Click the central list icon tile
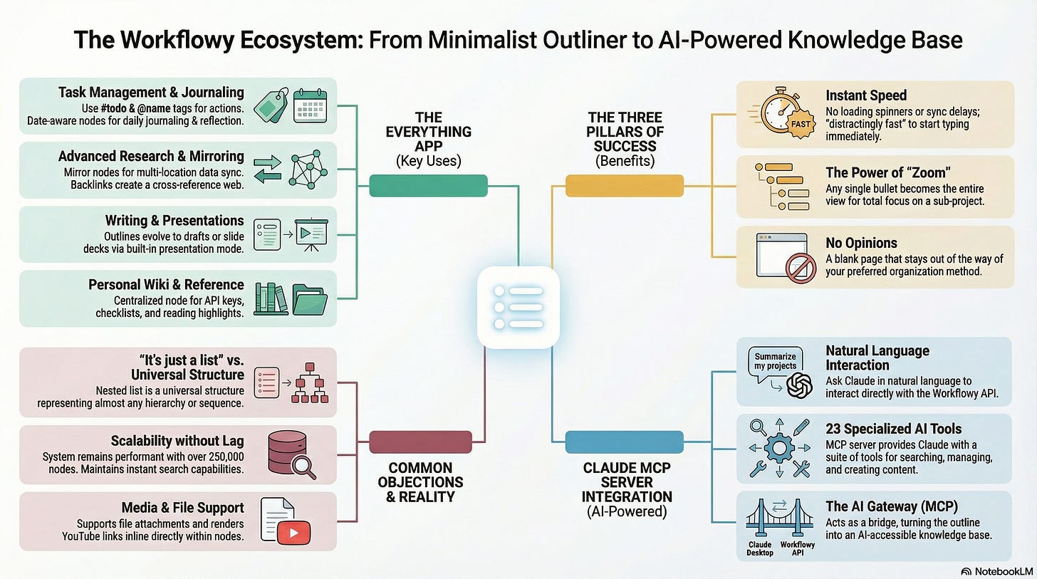(518, 308)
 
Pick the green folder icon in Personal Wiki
(309, 299)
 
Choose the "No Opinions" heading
(861, 243)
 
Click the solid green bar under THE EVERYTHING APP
(428, 185)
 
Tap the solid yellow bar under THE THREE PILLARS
(624, 185)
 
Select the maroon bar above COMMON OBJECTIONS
(420, 442)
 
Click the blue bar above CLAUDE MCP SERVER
(624, 442)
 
